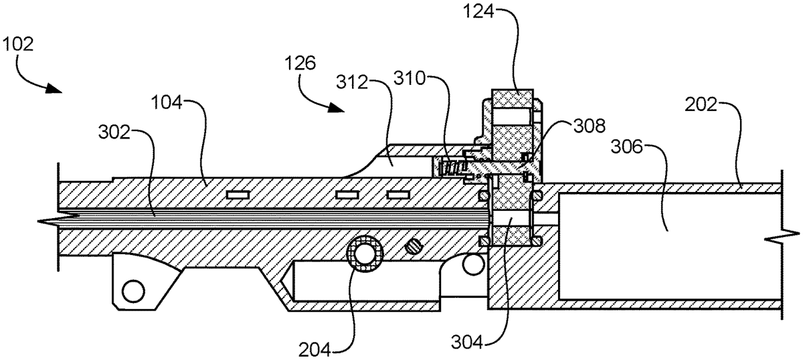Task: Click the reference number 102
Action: click(x=17, y=45)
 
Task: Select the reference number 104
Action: click(x=167, y=104)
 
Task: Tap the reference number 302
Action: click(x=114, y=132)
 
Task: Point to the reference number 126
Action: click(x=300, y=64)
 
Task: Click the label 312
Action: click(x=352, y=83)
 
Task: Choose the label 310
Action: click(x=410, y=78)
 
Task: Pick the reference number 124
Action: click(x=478, y=11)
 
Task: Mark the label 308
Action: click(x=590, y=126)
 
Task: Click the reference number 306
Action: click(x=626, y=147)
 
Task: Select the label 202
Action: click(x=701, y=105)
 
